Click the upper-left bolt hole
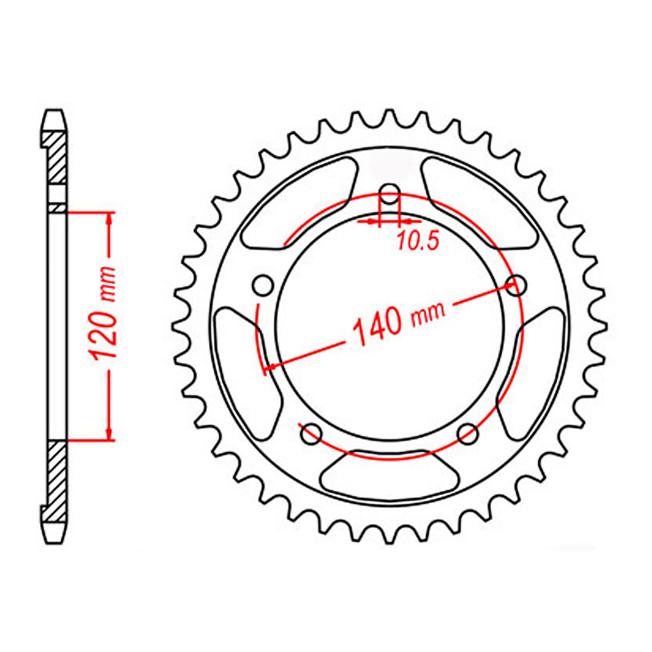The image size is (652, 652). (x=263, y=285)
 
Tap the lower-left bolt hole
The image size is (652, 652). (x=311, y=434)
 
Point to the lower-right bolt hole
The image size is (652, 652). (x=468, y=433)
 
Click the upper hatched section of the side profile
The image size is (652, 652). (x=56, y=158)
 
